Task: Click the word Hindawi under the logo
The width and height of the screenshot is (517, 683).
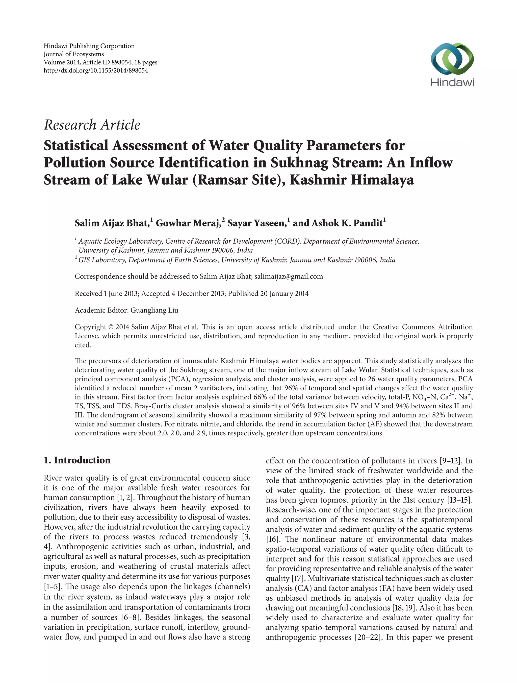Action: click(x=452, y=82)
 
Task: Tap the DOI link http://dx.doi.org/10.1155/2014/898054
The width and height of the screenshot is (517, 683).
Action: click(x=96, y=70)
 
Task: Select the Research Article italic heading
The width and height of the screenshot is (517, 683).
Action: click(x=92, y=125)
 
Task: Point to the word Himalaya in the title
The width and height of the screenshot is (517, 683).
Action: click(x=382, y=180)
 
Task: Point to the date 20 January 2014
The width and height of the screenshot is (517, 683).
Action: click(x=284, y=293)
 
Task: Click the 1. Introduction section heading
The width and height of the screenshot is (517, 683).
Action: click(x=77, y=460)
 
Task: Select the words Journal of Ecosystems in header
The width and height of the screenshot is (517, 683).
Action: click(x=74, y=54)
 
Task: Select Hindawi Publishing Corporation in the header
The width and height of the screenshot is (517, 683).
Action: click(x=89, y=46)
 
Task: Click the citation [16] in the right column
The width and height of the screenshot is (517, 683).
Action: click(x=272, y=539)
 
